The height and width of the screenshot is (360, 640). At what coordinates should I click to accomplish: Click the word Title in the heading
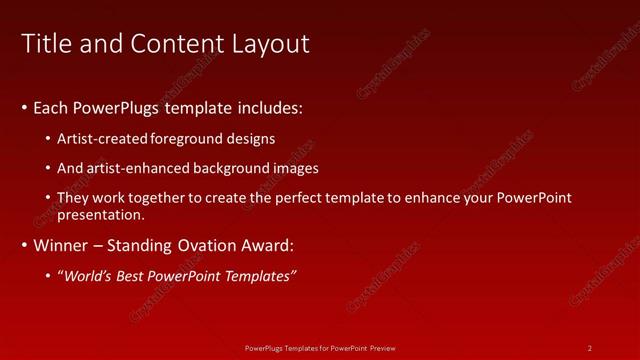tap(44, 44)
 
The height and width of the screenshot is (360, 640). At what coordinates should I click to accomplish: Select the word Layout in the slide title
tap(272, 44)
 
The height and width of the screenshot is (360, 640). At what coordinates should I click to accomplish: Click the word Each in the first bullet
tap(51, 107)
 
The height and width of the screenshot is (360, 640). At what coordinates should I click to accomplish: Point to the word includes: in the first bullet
tap(267, 107)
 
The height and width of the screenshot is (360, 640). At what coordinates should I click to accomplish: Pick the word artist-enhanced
tap(138, 168)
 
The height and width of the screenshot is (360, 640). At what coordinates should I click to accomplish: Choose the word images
tap(297, 168)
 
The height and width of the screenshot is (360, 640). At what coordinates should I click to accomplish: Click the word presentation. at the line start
tap(102, 214)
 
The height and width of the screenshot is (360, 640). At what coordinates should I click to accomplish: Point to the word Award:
tap(269, 245)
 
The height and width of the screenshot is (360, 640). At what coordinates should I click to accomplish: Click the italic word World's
tap(88, 276)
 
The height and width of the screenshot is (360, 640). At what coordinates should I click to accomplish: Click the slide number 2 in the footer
tap(590, 348)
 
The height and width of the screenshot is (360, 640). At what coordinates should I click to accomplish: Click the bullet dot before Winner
tap(24, 246)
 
